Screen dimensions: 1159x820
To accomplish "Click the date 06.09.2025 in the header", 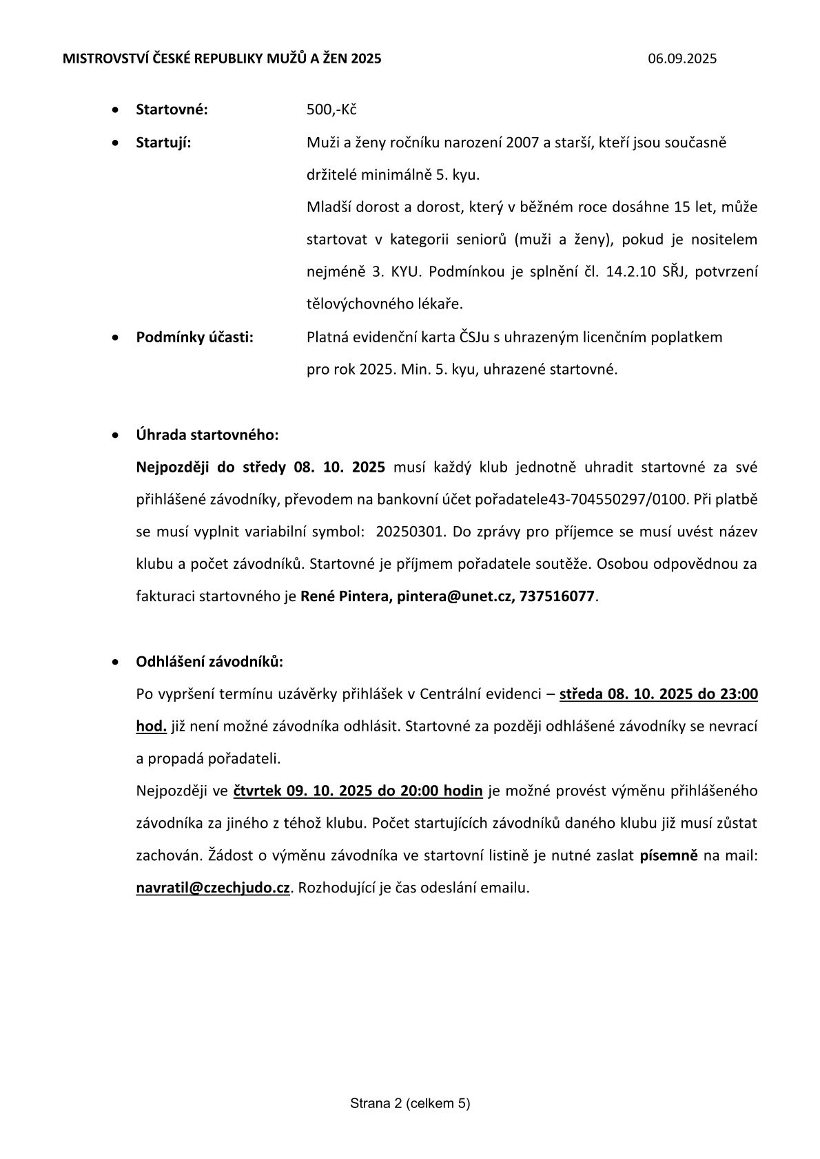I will coord(682,59).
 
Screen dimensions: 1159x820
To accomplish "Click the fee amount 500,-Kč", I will coord(331,110).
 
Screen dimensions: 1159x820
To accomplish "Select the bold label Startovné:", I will coord(172,110).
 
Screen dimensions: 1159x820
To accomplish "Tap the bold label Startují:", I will coord(163,143).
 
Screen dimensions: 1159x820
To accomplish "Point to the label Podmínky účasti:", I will coord(194,337).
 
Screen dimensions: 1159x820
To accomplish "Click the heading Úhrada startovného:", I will coord(207,435).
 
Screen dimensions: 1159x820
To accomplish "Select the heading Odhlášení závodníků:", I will coord(209,662).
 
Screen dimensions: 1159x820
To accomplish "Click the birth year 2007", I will coord(522,143).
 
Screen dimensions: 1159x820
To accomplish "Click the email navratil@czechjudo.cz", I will coord(213,888).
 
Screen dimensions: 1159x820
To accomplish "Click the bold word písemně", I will coord(668,855).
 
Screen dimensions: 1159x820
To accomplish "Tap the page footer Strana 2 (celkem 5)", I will coord(410,1104).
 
